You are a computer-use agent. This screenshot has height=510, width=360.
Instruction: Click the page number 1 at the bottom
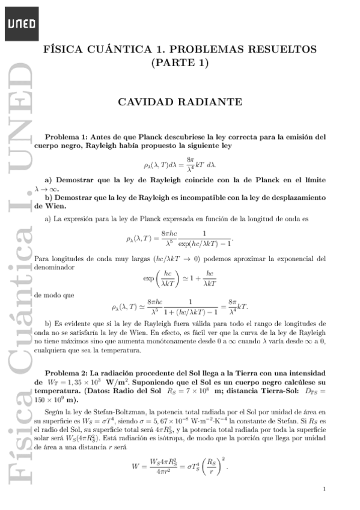pyautogui.click(x=324, y=488)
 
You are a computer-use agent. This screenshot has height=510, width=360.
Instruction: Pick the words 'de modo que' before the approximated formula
pyautogui.click(x=55, y=295)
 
